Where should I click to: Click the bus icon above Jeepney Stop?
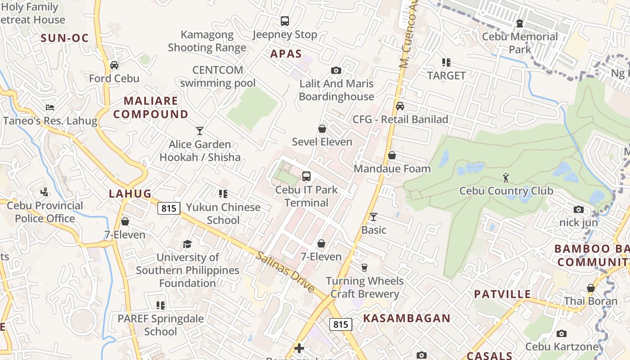285,21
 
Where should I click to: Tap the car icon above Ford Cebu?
114,65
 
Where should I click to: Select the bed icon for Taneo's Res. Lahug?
50,108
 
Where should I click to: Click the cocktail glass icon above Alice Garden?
200,131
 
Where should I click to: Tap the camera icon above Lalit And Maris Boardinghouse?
336,70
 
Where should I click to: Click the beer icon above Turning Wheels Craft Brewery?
364,267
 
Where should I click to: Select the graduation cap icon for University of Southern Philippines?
187,244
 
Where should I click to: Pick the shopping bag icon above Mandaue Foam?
392,155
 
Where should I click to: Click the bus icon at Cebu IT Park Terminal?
306,176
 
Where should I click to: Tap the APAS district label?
286,54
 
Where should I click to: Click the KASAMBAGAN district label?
407,318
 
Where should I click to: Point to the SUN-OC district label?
65,38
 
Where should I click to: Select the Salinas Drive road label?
285,271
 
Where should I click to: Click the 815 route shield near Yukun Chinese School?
169,208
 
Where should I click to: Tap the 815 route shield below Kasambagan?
340,324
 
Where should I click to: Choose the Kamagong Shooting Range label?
207,41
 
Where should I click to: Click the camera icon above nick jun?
579,209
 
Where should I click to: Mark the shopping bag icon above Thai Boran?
591,288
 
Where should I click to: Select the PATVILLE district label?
502,294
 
